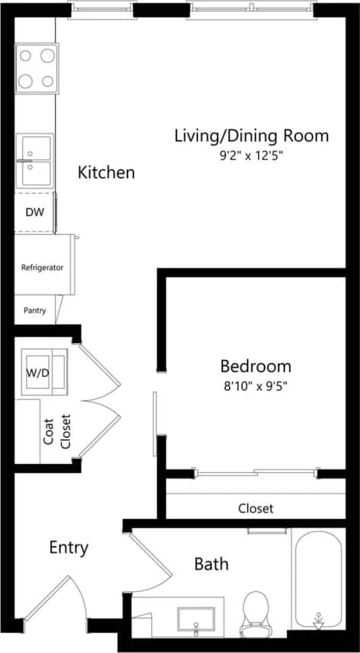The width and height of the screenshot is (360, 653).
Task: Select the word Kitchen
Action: [106, 172]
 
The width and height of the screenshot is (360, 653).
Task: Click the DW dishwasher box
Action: [34, 213]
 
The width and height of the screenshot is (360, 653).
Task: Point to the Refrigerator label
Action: [42, 268]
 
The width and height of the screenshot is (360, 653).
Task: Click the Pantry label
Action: [34, 310]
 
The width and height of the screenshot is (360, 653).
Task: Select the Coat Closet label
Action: [58, 431]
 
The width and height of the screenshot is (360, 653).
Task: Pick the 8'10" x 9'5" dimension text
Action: [256, 385]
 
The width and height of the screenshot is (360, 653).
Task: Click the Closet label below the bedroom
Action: [256, 508]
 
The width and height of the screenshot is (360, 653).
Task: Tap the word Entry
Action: [69, 548]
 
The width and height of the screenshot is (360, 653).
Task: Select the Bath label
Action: [211, 565]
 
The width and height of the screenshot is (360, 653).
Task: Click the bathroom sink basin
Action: [196, 618]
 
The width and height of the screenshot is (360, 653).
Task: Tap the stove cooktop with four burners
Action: [37, 68]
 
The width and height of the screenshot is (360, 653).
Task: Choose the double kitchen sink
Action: [36, 160]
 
